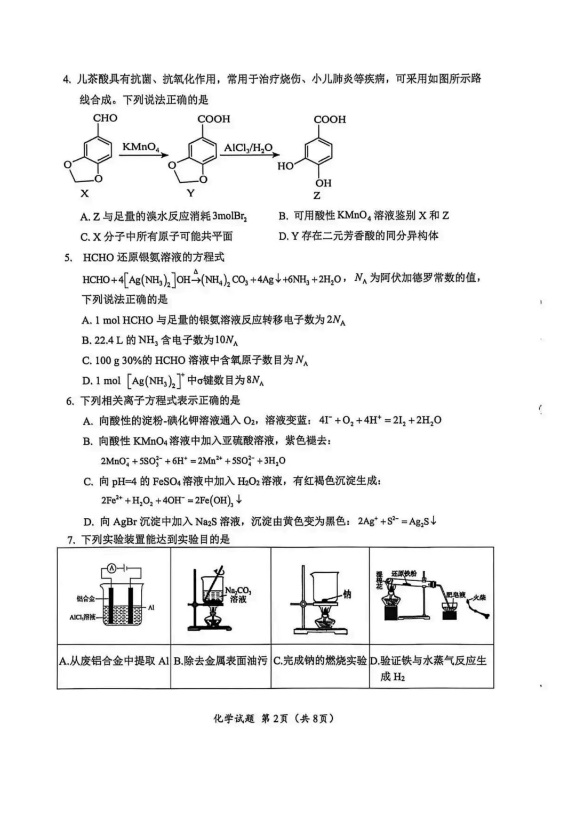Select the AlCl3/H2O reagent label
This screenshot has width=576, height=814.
click(x=248, y=148)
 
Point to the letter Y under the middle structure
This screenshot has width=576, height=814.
click(x=190, y=192)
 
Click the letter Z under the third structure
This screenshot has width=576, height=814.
click(x=317, y=196)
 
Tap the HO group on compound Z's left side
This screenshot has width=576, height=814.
click(x=285, y=166)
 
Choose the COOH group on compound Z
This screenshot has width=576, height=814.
click(x=330, y=120)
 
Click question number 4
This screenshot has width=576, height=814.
click(x=67, y=79)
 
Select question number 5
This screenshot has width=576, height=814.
click(x=68, y=258)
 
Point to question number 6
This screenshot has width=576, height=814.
click(x=69, y=401)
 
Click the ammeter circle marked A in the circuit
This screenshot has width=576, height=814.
click(x=111, y=569)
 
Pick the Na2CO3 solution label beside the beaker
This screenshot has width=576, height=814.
click(x=238, y=595)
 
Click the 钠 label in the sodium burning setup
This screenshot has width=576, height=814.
click(x=347, y=594)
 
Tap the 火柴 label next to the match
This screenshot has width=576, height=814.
click(x=479, y=598)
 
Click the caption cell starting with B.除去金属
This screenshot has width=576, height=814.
click(x=220, y=661)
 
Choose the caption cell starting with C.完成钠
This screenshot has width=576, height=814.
click(x=320, y=661)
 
